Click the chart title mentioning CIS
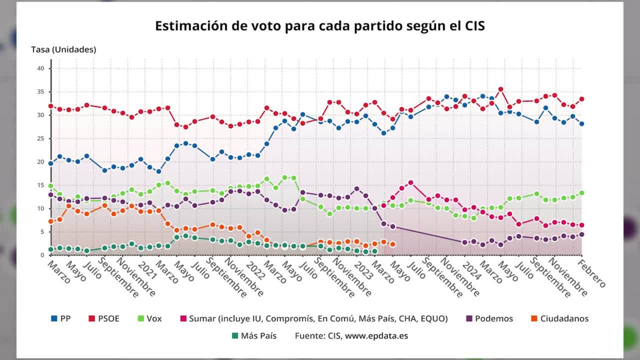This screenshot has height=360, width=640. (320, 26)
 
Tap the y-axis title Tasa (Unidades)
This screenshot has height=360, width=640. (64, 50)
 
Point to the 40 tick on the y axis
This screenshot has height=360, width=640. (41, 68)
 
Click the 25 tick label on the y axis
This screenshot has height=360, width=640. (41, 138)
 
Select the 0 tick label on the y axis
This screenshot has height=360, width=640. (42, 255)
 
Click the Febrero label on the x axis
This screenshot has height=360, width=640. (591, 274)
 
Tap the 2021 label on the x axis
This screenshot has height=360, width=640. (147, 270)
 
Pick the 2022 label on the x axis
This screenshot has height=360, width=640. (255, 270)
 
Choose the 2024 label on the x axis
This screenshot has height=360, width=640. (471, 270)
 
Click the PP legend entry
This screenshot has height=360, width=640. (61, 319)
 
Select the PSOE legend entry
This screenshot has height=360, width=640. (104, 319)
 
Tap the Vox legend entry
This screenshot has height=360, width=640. (150, 319)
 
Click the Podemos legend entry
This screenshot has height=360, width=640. (490, 319)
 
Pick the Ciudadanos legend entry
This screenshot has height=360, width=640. (560, 319)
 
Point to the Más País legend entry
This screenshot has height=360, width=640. (254, 336)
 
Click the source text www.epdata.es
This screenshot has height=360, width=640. (376, 336)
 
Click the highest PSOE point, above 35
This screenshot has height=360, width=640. (501, 89)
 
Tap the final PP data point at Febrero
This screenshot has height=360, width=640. (582, 124)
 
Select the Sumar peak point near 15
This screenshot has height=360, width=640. (411, 183)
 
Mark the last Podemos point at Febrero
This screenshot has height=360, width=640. (582, 234)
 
